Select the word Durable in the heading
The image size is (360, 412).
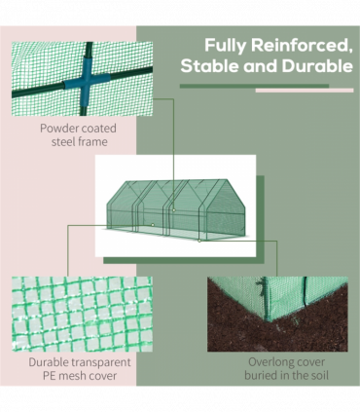coord(313,66)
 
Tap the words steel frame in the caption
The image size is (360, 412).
coord(74,142)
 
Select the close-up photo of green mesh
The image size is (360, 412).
coord(82,313)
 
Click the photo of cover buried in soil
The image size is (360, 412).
coord(276,313)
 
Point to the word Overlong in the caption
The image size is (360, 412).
coord(248,360)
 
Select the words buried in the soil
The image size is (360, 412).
coord(276,375)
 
